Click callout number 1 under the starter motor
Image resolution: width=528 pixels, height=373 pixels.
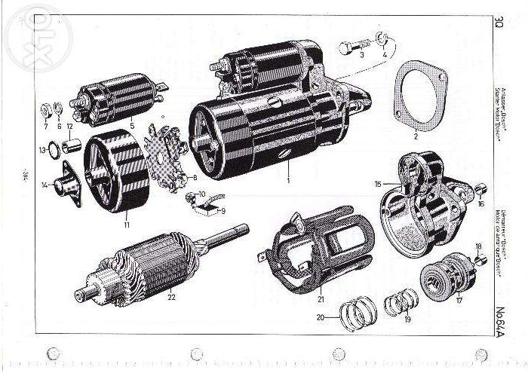tap(287, 182)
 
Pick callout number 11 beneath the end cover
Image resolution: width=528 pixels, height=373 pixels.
tap(127, 224)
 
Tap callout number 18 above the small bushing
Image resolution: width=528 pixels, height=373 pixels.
tap(478, 246)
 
